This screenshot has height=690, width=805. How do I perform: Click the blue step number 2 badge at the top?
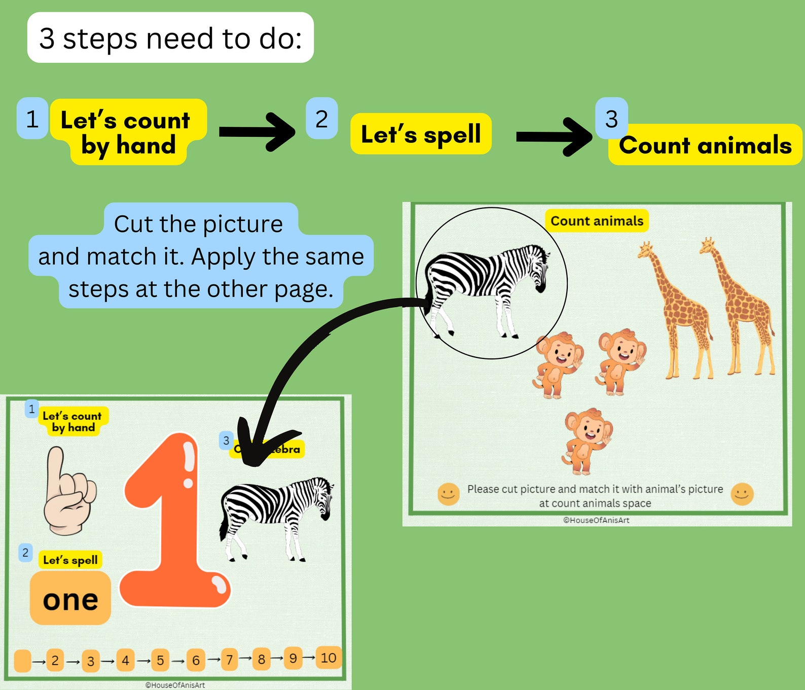pos(322,119)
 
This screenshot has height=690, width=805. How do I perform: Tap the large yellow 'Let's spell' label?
pos(421,134)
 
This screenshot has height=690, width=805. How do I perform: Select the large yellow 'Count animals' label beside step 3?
pos(705,146)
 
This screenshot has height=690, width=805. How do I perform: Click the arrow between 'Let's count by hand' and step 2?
pos(257,132)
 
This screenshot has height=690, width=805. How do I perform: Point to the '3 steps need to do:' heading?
pos(170,38)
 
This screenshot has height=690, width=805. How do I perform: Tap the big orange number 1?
pos(175,522)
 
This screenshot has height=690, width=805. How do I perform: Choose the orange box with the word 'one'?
pos(70,599)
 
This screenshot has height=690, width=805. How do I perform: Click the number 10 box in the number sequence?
pos(328,658)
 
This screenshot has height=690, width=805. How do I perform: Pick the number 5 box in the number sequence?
pos(160,660)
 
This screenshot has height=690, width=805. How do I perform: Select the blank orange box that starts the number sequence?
pos(23,661)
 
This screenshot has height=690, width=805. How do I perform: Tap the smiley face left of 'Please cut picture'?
pos(448,494)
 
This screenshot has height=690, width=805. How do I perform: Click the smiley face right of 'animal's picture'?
pos(742,494)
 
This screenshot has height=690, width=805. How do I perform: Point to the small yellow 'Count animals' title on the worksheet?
pos(597,221)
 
